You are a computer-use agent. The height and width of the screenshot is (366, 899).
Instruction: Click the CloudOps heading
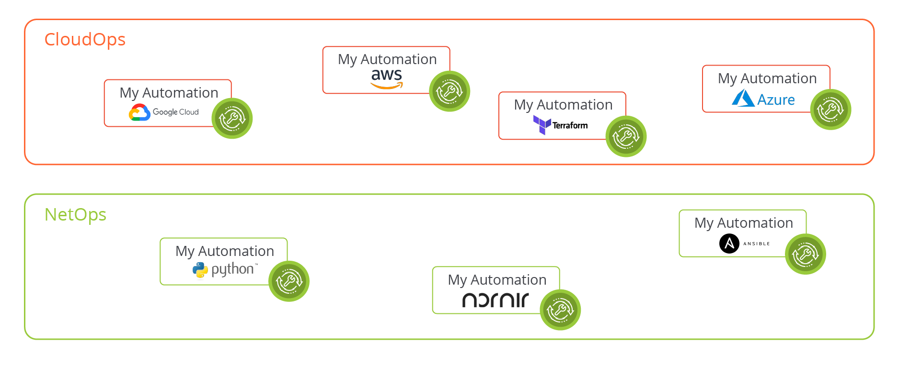(85, 39)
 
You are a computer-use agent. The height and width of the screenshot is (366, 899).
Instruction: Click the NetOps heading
(75, 214)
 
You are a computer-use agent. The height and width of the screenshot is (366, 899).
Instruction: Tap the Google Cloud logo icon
(139, 112)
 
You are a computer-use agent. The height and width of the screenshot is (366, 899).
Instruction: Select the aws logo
(387, 78)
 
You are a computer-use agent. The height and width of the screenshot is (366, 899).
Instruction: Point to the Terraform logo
(560, 125)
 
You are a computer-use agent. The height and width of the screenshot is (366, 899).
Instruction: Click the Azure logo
(763, 99)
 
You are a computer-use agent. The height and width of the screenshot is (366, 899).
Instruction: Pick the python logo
(225, 270)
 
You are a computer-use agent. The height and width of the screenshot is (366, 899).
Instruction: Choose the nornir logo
(496, 300)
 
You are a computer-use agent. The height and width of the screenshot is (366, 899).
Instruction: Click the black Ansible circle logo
(729, 244)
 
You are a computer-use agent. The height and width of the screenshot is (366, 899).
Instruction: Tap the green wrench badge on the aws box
(449, 91)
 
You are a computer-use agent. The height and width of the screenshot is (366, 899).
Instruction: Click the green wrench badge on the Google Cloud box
(232, 118)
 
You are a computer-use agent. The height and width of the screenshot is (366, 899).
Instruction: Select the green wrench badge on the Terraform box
(626, 136)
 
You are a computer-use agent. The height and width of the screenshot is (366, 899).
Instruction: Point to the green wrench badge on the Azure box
(830, 110)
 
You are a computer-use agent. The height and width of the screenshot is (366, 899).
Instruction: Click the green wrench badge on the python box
(288, 281)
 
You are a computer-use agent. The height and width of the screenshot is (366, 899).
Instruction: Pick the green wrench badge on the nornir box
(560, 310)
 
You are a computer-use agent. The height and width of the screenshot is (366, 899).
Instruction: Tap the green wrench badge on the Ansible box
(805, 254)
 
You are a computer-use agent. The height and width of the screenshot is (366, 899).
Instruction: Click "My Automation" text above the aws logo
(387, 59)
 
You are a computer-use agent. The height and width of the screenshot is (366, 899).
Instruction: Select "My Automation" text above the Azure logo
(767, 78)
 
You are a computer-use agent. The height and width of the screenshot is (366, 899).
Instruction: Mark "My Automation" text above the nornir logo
(497, 280)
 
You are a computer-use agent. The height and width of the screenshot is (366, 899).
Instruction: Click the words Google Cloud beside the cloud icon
(175, 112)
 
